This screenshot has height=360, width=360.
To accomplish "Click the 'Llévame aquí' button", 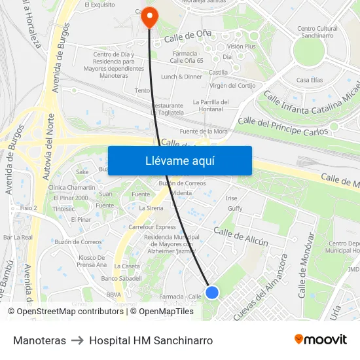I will click(179, 160).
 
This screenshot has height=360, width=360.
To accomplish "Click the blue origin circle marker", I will click(212, 293).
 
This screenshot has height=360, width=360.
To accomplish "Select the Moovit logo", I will click(320, 340).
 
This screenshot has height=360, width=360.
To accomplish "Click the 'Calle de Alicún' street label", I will click(241, 237).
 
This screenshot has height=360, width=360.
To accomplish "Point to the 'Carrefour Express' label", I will click(152, 227).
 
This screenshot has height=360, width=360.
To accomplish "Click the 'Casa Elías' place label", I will click(310, 80).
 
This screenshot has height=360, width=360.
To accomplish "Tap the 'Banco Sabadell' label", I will click(122, 278).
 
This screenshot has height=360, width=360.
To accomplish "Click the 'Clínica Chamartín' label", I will click(71, 187).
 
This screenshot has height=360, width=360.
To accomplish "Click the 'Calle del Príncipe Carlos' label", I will click(282, 122).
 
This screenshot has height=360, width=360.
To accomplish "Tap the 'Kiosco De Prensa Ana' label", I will click(92, 261).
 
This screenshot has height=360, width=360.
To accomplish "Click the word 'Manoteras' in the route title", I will click(39, 340).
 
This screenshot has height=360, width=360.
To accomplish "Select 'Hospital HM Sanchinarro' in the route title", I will click(151, 340).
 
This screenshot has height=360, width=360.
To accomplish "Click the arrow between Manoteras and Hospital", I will click(77, 340).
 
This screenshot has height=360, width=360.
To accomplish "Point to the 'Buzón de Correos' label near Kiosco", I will click(79, 242).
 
